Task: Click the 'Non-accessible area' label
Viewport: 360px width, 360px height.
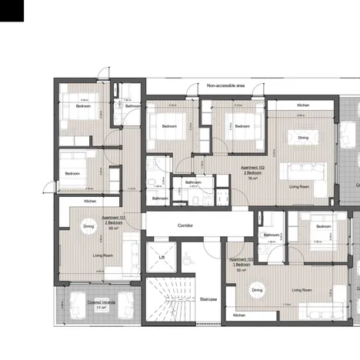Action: (225, 86)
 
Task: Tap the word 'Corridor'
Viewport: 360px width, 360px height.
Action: (185, 225)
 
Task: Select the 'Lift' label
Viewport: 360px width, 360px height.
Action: (162, 257)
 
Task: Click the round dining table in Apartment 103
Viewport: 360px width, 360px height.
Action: (258, 290)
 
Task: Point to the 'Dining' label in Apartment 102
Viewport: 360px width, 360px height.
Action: (303, 138)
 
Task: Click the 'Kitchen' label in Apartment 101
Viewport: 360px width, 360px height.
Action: (90, 201)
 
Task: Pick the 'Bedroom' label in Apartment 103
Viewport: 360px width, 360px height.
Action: (322, 226)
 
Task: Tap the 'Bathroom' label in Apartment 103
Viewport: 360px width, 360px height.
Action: (272, 235)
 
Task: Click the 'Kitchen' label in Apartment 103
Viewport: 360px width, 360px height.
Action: (239, 315)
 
